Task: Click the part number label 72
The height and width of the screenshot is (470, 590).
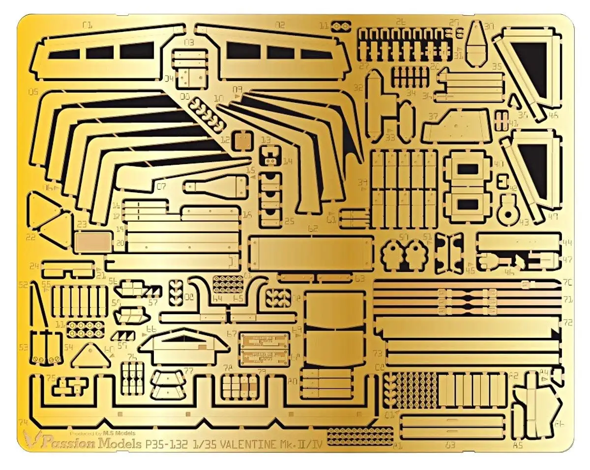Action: coord(568,323)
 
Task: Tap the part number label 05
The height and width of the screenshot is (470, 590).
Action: coord(33,91)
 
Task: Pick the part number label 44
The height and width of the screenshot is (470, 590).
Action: coord(568,243)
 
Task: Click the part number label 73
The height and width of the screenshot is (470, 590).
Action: coord(378,353)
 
